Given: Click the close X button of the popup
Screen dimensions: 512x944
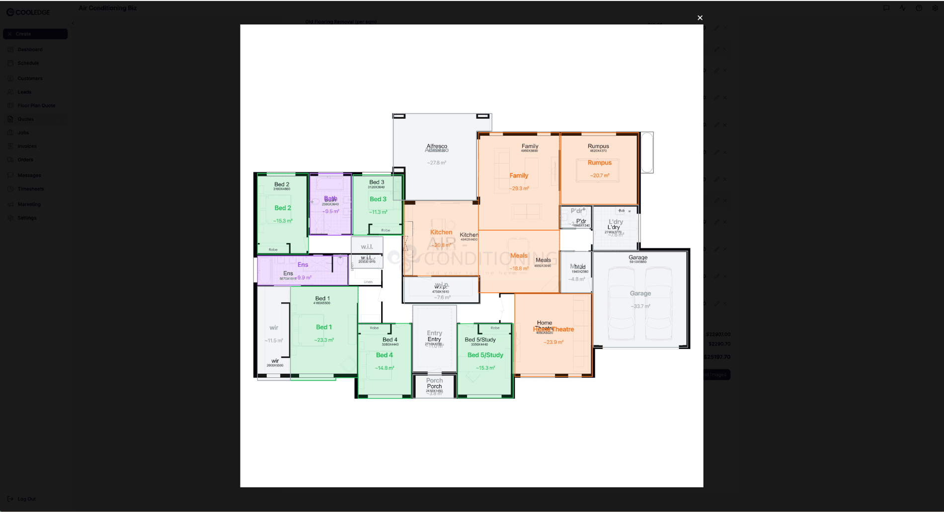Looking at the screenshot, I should click(700, 18).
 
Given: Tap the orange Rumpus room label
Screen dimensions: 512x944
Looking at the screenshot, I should click(599, 163).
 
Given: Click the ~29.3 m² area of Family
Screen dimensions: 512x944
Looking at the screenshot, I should click(519, 188).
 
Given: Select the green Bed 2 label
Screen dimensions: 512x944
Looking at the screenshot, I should click(283, 208).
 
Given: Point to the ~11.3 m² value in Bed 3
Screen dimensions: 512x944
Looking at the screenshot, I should click(378, 212).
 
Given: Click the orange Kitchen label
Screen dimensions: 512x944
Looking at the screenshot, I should click(441, 232).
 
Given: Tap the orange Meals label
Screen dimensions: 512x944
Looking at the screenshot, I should click(519, 256).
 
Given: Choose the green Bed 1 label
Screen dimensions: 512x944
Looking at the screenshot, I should click(324, 327).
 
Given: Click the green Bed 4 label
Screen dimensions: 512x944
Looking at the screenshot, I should click(385, 355).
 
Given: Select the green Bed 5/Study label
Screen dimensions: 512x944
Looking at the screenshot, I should click(485, 355).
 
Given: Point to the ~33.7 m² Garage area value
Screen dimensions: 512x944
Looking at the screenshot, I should click(640, 306).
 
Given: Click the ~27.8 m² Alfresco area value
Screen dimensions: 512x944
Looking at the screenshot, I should click(437, 163).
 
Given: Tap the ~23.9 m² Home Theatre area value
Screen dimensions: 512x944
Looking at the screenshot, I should click(553, 342).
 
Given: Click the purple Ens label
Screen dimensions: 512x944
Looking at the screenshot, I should click(303, 264).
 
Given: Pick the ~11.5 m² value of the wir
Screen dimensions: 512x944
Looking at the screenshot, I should click(274, 341).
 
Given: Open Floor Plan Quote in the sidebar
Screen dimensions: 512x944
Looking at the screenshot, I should click(36, 105).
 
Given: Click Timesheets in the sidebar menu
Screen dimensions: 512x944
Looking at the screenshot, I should click(31, 189).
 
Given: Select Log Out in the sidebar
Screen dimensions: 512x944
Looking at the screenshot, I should click(26, 499).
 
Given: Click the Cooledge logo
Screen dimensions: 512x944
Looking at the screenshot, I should click(28, 12).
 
